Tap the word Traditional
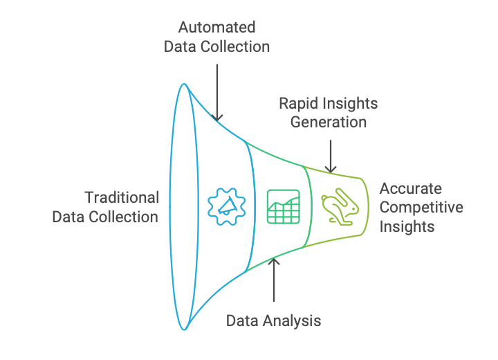click(122, 197)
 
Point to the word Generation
click(328, 123)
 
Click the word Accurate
click(410, 189)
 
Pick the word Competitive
click(421, 208)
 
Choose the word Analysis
click(293, 321)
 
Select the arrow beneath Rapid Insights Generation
click(331, 156)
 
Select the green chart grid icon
click(284, 206)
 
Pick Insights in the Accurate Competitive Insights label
click(407, 226)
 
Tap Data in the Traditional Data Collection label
click(69, 217)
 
